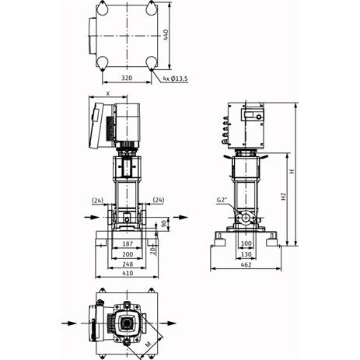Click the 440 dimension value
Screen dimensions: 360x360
pos(166,35)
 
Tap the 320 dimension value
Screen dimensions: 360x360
pos(127,78)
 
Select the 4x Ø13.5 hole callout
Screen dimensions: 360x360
pos(175,79)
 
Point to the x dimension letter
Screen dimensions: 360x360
pos(108,93)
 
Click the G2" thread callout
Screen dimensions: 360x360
pos(222,200)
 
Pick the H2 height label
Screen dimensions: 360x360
pos(283,196)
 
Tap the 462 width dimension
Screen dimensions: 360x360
pos(246,265)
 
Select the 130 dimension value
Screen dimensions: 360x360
pos(246,254)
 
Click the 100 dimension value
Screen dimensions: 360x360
pos(246,243)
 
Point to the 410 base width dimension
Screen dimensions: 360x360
pos(128,273)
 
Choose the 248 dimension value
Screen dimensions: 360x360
pos(128,264)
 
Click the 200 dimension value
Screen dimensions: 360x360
pos(128,254)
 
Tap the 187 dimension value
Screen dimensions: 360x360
pos(128,244)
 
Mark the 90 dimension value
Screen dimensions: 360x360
pos(164,224)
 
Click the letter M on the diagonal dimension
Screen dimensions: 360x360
pos(148,344)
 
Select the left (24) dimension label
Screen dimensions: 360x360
pos(98,201)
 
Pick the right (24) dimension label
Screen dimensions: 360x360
pos(159,200)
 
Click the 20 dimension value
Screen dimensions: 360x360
pos(152,250)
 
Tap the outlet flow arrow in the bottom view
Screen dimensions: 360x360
pos(168,323)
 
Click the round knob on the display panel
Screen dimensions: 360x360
pos(259,117)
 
